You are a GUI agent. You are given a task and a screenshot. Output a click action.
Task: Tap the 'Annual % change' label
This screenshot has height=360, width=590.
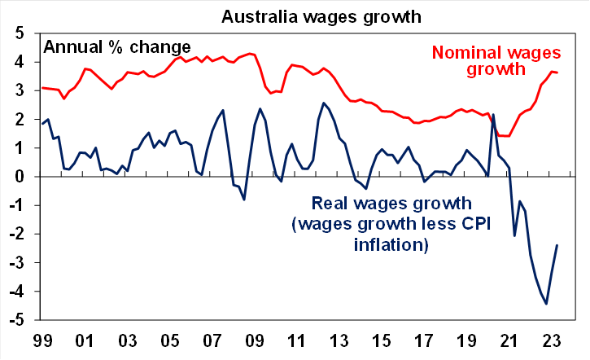117,46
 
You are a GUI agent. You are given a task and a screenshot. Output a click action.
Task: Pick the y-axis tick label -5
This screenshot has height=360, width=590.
17,320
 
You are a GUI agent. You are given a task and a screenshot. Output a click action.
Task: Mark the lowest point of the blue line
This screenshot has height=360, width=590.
546,304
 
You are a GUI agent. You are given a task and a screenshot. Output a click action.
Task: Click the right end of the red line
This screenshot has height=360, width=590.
557,72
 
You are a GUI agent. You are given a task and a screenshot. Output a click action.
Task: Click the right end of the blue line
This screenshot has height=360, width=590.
557,245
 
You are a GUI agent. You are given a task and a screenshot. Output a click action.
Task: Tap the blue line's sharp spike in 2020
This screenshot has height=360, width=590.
493,114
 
